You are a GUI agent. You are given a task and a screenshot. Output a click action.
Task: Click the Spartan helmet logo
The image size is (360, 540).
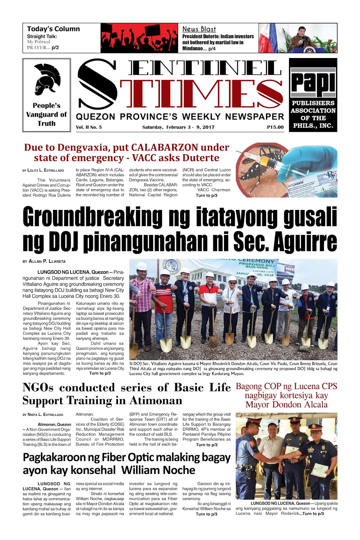[x=47, y=80]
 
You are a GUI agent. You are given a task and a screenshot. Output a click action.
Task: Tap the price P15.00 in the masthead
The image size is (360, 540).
[x=275, y=127]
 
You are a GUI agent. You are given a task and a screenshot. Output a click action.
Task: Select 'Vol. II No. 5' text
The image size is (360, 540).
[x=89, y=127]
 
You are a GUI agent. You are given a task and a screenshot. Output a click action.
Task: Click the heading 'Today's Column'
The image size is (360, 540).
[x=53, y=29]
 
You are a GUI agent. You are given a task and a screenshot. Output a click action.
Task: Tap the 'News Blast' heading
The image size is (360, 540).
[x=199, y=29]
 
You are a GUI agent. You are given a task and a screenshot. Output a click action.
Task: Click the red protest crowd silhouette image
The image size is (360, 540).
[x=139, y=38]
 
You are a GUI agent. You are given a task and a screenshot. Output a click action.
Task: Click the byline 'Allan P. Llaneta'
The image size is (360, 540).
[x=47, y=261]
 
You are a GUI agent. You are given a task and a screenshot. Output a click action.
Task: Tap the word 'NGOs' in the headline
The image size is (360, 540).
[x=38, y=387]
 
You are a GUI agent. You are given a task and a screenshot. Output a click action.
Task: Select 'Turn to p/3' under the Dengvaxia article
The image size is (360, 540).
[x=206, y=195]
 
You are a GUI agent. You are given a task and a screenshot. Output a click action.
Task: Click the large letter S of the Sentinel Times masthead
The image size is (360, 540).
[x=98, y=84]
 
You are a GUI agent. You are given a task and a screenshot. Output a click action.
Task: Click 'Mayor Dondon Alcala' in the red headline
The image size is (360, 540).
[x=286, y=404]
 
